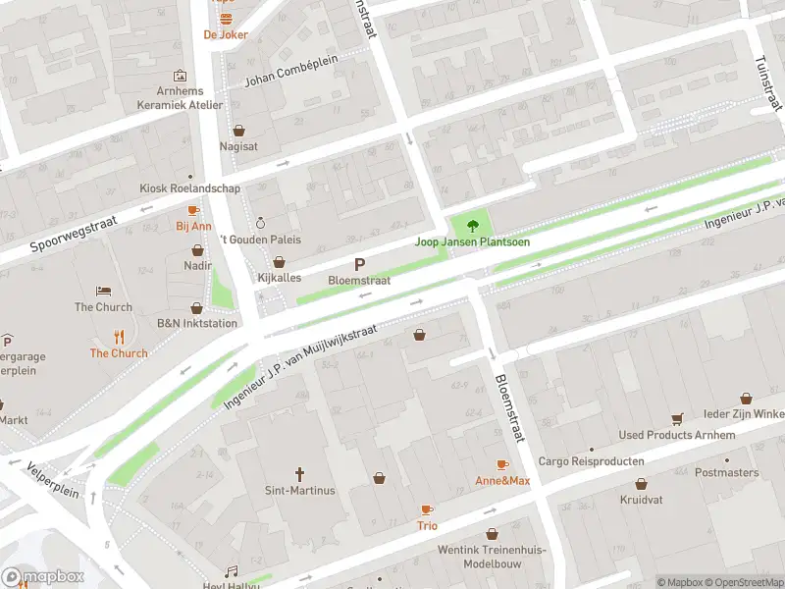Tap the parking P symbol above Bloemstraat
(359, 264)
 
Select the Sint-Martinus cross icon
(299, 473)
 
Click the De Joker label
(226, 34)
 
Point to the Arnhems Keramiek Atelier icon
(180, 76)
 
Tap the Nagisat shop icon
(238, 130)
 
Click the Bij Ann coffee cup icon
(193, 210)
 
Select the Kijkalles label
(279, 279)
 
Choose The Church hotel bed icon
(103, 291)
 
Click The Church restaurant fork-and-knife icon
(119, 337)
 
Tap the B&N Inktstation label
(197, 323)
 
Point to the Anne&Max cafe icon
(502, 464)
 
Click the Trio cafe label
(427, 525)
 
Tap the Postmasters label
(726, 472)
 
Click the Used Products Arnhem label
(676, 435)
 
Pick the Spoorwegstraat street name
(73, 235)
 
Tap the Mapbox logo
(43, 576)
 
